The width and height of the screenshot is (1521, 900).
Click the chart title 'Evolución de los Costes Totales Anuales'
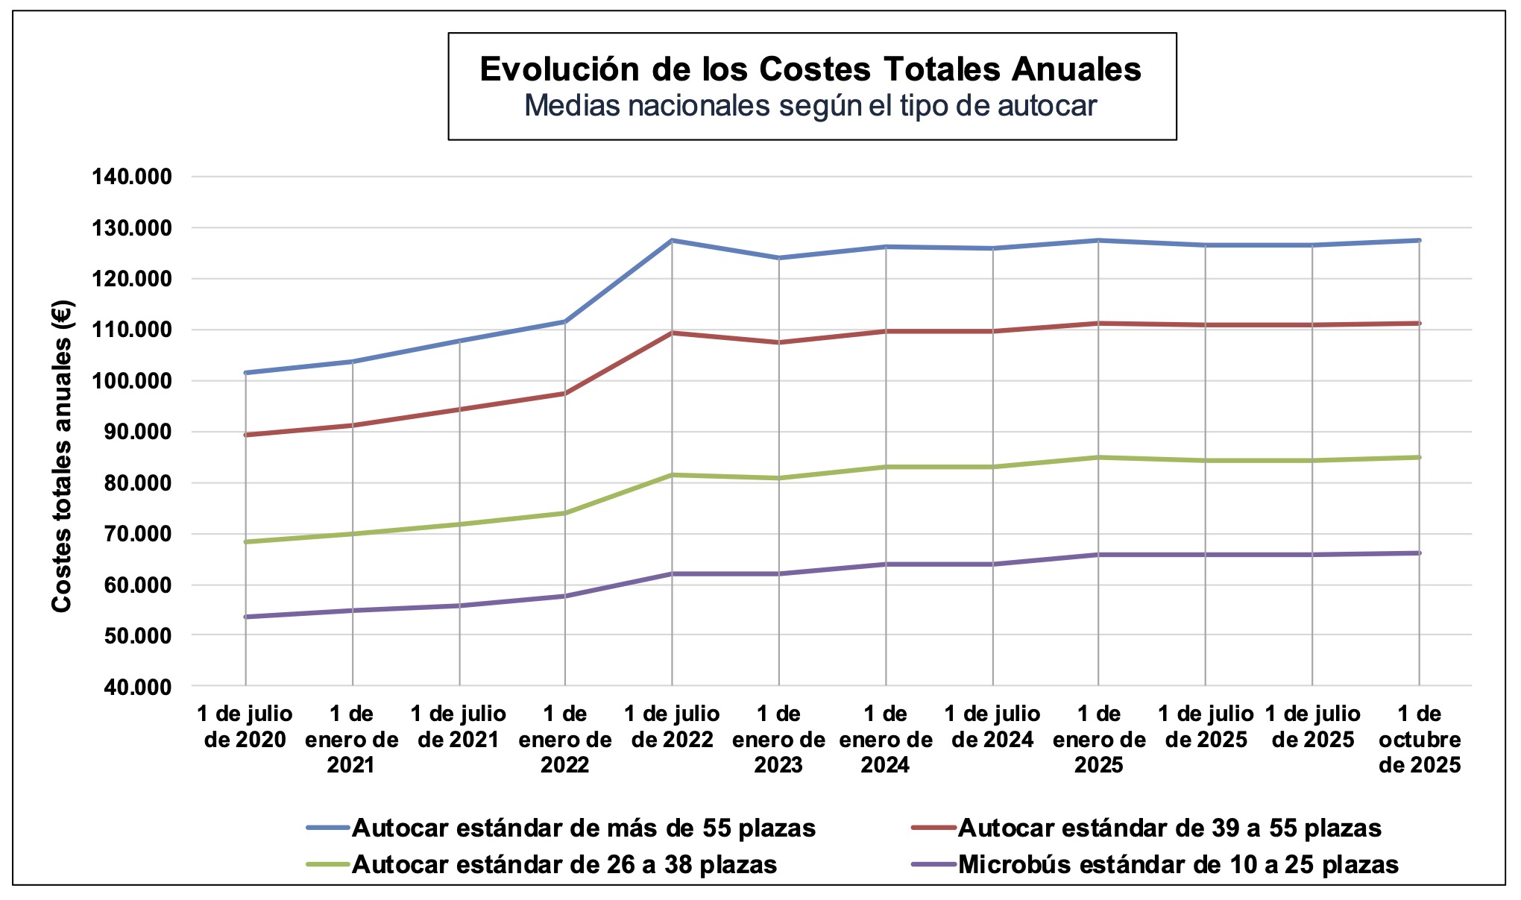coord(810,69)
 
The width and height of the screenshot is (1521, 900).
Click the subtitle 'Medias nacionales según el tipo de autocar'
coord(810,106)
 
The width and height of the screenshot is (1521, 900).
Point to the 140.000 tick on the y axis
coord(132,177)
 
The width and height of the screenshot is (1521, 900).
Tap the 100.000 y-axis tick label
coord(132,381)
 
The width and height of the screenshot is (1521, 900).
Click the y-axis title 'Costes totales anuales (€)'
coord(62,456)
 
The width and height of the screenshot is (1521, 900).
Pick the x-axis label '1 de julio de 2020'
coord(245,726)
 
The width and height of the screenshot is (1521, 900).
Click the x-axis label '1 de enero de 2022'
coord(565,739)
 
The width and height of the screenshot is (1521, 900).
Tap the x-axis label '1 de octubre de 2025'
coord(1419,739)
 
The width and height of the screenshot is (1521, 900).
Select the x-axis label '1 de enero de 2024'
coord(886,739)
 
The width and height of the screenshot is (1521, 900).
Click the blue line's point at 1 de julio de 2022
coord(672,240)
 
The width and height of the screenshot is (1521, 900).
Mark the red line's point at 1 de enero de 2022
coord(565,394)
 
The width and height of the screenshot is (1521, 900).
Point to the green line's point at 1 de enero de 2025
coord(1098,457)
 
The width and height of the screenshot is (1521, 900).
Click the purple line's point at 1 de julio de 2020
coord(245,617)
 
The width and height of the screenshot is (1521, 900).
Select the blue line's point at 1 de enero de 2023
coord(779,258)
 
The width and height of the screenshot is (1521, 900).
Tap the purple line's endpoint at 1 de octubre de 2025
coord(1419,553)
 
